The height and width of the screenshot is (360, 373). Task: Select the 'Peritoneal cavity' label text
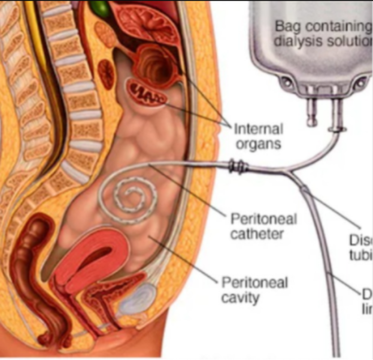click(x=254, y=289)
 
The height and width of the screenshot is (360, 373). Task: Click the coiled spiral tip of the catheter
click(x=132, y=196)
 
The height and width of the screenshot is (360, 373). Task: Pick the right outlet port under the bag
click(x=338, y=114)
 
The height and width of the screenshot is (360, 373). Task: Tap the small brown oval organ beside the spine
click(x=107, y=74)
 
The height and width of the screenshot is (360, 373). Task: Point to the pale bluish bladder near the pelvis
click(x=137, y=298)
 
